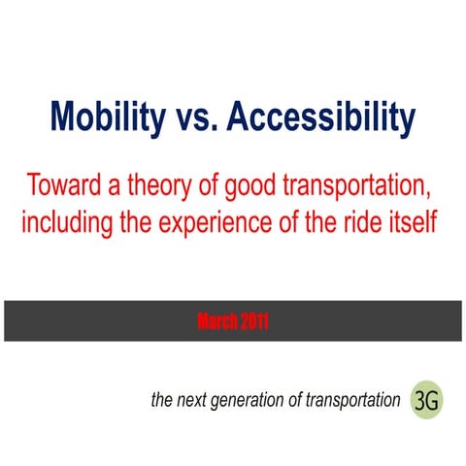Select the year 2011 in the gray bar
(251, 321)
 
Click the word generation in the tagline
(253, 400)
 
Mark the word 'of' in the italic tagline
(299, 399)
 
